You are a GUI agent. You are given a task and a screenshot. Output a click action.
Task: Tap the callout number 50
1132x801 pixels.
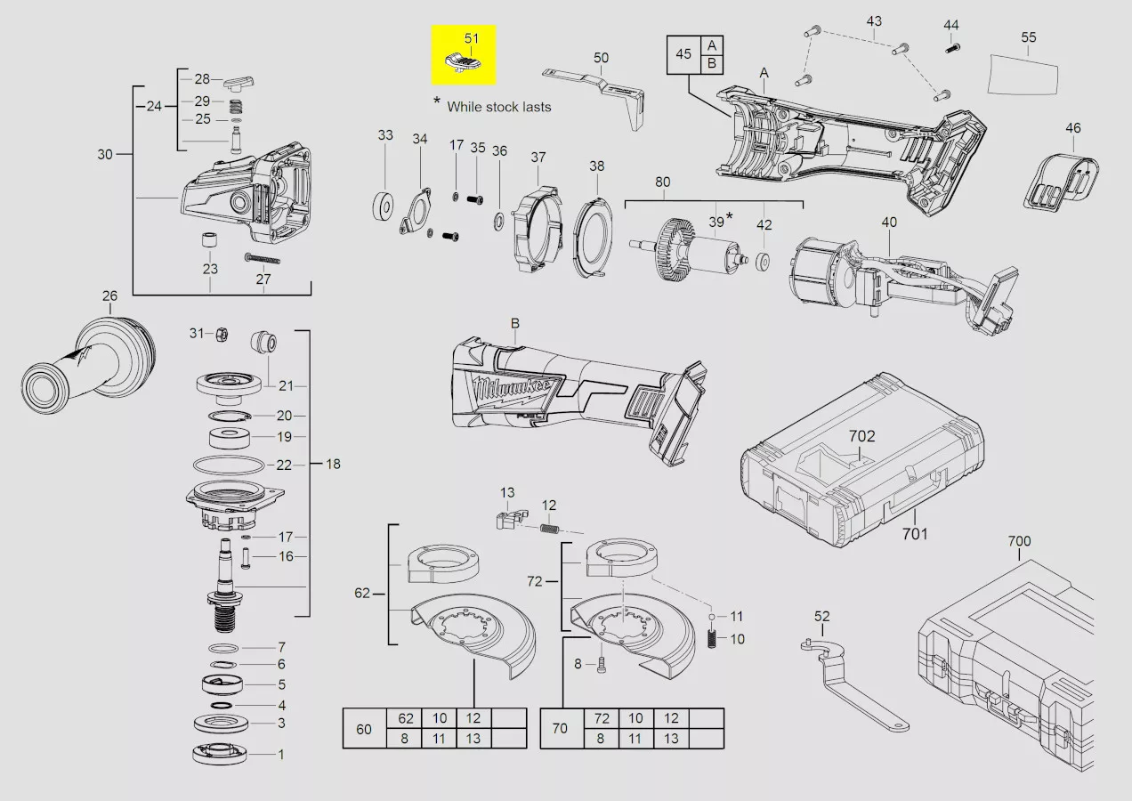tap(601, 58)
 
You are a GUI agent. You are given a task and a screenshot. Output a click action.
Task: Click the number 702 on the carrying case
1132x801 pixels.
tap(861, 435)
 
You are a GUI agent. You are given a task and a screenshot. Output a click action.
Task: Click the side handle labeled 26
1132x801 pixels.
tap(88, 366)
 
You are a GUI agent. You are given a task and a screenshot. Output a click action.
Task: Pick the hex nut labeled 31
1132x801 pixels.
tap(222, 334)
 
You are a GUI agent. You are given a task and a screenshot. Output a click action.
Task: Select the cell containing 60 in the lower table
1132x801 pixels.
tap(364, 728)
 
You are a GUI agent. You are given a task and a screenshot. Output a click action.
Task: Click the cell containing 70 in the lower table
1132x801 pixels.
tap(561, 728)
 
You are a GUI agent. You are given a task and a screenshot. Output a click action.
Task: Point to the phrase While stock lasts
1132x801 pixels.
tap(498, 107)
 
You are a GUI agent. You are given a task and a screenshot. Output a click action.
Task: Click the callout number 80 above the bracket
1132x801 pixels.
tap(662, 182)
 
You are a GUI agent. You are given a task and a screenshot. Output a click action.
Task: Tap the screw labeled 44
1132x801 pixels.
tap(952, 49)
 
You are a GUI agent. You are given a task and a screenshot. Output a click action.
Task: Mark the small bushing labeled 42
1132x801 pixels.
tap(763, 263)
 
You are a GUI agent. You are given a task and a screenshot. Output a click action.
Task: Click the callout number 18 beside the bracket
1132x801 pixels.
tap(333, 464)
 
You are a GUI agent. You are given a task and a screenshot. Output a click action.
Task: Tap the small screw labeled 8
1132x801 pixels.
tap(602, 665)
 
